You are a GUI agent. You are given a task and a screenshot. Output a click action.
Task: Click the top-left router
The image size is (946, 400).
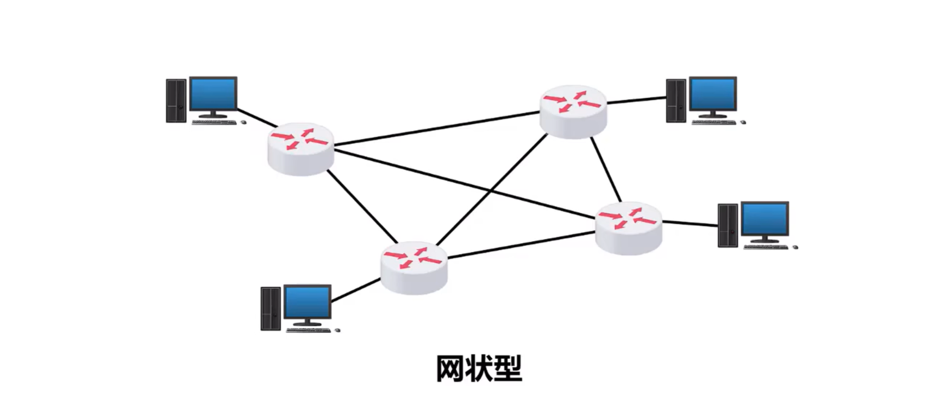pyautogui.click(x=300, y=149)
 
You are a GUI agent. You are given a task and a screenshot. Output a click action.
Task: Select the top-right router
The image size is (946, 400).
pyautogui.click(x=573, y=111)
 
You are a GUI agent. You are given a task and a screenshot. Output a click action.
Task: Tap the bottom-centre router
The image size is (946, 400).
pyautogui.click(x=414, y=268)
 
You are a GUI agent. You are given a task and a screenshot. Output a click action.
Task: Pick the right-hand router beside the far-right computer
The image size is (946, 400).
pyautogui.click(x=629, y=228)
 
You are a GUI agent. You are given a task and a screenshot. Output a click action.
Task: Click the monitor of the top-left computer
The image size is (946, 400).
pyautogui.click(x=212, y=94)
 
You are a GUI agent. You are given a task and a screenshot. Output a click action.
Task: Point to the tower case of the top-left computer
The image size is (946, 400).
pyautogui.click(x=176, y=100)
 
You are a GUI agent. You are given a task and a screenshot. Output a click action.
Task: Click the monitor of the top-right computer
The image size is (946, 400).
pyautogui.click(x=713, y=94)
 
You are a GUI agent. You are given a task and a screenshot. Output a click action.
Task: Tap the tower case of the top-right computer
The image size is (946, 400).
pyautogui.click(x=676, y=100)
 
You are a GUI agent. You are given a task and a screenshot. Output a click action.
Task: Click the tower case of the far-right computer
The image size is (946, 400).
pyautogui.click(x=728, y=225)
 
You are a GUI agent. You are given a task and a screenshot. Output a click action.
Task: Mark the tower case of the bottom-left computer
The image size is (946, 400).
pyautogui.click(x=271, y=308)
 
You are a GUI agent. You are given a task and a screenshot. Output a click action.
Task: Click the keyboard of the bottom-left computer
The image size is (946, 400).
pyautogui.click(x=308, y=329)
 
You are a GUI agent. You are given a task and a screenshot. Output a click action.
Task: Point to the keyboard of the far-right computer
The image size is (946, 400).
pyautogui.click(x=765, y=247)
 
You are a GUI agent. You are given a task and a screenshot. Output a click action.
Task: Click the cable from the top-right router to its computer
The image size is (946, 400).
pyautogui.click(x=636, y=100)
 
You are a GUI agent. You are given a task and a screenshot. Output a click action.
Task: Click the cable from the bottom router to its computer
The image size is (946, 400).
pyautogui.click(x=356, y=290)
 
